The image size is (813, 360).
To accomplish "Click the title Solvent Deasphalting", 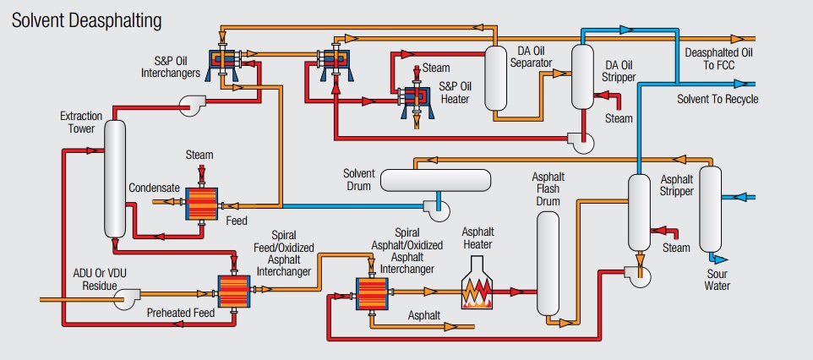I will click(x=87, y=19).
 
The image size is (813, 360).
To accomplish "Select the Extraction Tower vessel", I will click(x=116, y=177).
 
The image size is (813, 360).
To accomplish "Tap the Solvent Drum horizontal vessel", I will click(x=435, y=180).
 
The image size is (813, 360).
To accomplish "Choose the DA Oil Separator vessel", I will click(x=496, y=78).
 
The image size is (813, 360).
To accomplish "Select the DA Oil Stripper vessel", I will click(x=582, y=78).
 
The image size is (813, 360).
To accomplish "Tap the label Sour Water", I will click(x=718, y=279).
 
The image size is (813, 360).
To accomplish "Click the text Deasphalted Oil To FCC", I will click(x=721, y=58).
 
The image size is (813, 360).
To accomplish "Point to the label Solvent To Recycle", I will click(x=718, y=99).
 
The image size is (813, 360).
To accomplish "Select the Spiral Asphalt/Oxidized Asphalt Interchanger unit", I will click(x=369, y=293).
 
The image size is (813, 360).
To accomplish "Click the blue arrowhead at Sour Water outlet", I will click(x=718, y=259).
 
